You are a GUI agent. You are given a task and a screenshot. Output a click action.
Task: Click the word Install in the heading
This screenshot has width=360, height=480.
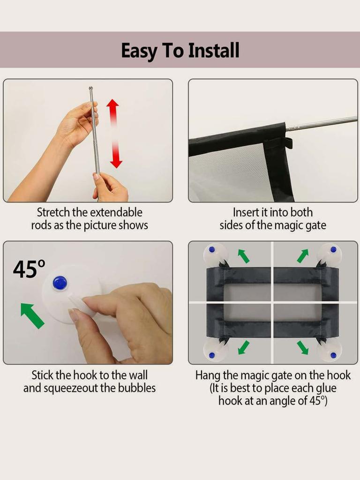[x=214, y=51]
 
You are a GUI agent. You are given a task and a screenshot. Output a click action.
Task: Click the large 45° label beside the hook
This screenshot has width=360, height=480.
[x=29, y=269]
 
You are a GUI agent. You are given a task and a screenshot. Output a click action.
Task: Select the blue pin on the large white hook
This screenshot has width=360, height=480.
[x=60, y=283]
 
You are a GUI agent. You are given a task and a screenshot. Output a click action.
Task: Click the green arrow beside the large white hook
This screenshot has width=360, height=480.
[x=32, y=315]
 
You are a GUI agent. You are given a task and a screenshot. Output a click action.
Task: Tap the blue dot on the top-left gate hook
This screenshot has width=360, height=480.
[x=212, y=249]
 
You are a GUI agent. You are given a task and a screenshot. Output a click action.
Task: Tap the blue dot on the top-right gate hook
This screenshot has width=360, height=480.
[x=333, y=250]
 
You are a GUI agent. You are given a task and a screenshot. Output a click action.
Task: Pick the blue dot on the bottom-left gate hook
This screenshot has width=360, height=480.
[x=212, y=355]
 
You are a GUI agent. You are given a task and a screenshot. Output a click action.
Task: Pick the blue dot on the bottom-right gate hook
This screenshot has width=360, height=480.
[x=333, y=355]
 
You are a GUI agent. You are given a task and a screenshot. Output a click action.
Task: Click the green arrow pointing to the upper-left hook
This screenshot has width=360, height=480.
[x=243, y=256]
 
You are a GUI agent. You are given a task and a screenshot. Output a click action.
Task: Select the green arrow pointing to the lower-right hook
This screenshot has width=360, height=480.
[x=302, y=347]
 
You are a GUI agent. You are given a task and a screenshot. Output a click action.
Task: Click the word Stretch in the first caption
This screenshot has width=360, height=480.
[x=53, y=212]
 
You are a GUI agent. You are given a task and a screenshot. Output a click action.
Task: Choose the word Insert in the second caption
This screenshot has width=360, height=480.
[x=246, y=212]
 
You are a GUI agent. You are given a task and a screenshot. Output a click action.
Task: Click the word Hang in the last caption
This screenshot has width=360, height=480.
[x=206, y=375]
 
